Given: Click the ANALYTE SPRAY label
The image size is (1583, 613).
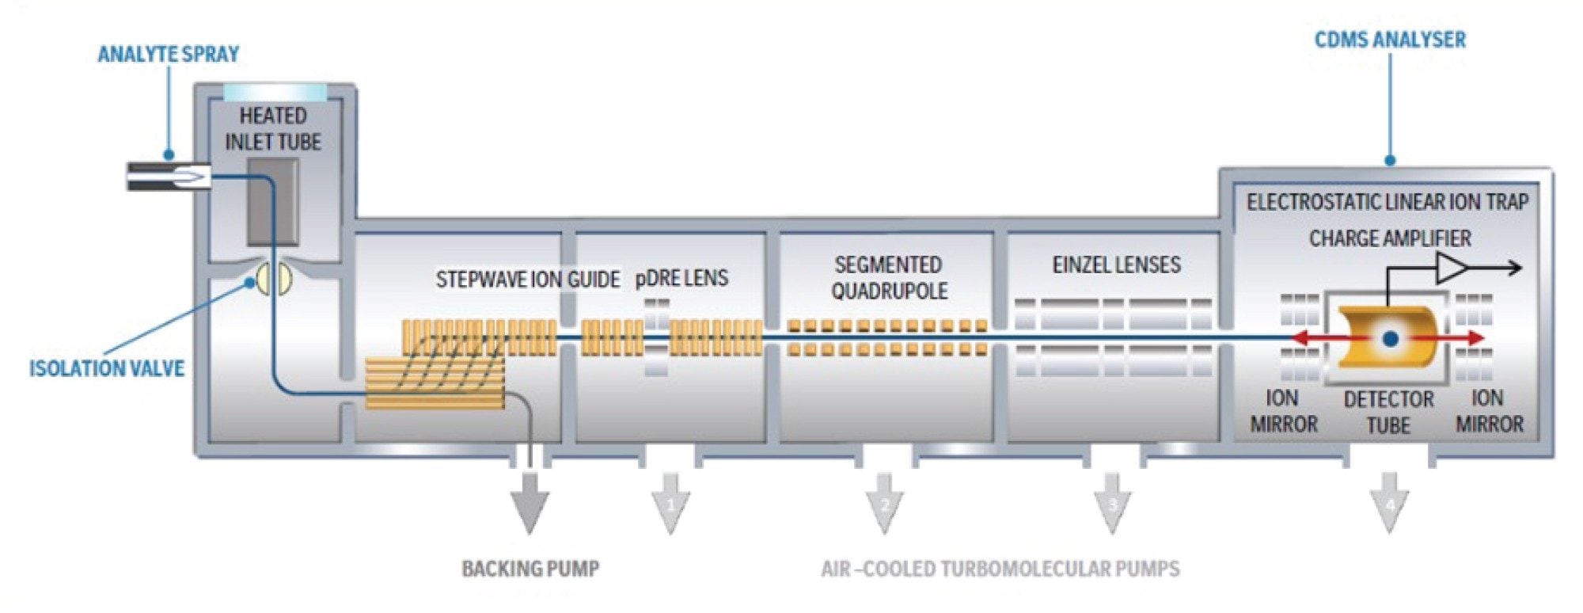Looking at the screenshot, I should (168, 54).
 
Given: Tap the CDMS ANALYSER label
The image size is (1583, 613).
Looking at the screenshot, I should (1390, 40).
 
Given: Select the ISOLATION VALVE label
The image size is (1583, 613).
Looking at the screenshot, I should (107, 368).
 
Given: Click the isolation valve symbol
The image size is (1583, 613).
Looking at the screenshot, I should (273, 279).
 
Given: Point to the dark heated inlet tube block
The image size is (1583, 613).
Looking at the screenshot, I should (273, 202).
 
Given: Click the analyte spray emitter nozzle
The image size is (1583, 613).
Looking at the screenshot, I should (170, 176).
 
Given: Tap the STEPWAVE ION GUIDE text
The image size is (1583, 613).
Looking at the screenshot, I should (527, 280).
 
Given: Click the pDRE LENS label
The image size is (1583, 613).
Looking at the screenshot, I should (681, 278).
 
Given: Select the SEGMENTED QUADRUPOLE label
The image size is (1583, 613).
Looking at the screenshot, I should (889, 277).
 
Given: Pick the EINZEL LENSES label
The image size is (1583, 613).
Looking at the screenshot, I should (1116, 265).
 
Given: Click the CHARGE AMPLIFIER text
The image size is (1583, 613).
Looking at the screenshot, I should (1390, 238).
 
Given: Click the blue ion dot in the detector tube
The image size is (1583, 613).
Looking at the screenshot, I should (1390, 339).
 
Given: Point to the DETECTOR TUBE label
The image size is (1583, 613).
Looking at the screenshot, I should (1388, 412).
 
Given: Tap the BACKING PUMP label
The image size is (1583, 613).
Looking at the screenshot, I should (530, 569).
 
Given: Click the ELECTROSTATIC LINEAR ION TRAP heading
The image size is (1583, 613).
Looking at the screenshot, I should (1387, 202).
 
